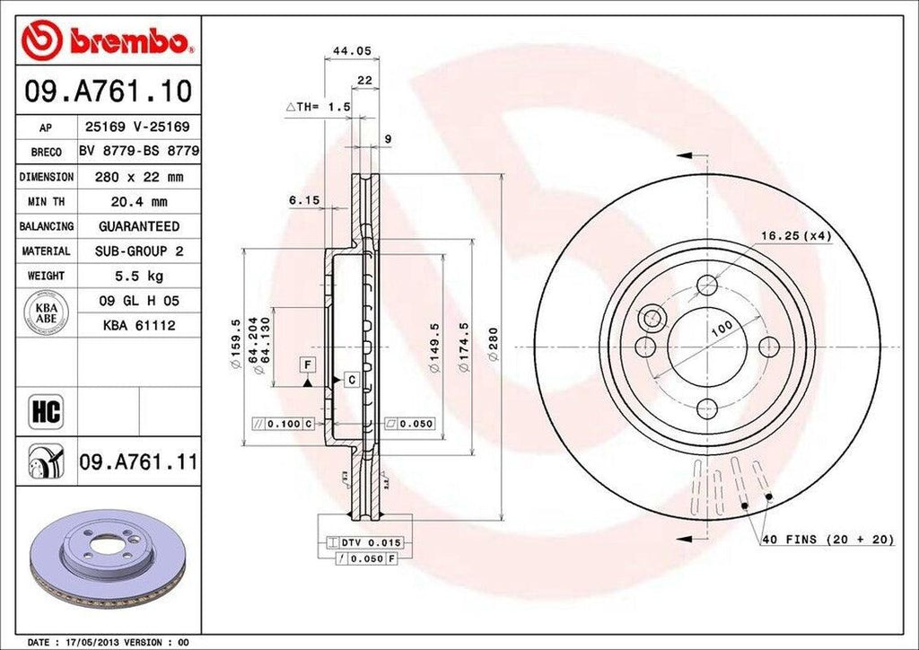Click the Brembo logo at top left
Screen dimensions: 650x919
[x=107, y=40]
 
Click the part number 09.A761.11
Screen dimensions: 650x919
[x=137, y=463]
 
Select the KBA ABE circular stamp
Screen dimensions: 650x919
[x=43, y=313]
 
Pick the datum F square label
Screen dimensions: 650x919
[x=308, y=364]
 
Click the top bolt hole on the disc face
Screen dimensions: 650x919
[x=708, y=285]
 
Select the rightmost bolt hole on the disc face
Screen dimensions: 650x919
[x=769, y=347]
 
